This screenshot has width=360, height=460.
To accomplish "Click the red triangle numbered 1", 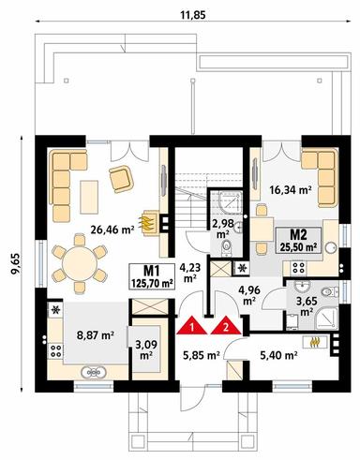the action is (x=192, y=326).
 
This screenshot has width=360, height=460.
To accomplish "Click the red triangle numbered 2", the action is (x=226, y=326).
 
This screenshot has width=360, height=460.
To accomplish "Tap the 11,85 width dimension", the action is (x=193, y=15).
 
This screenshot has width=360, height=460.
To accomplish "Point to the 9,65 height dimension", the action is (x=15, y=263).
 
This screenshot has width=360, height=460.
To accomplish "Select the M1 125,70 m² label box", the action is (x=152, y=276).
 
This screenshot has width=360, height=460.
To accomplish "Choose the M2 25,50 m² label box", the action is (x=298, y=241).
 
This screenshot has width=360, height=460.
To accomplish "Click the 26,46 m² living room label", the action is (x=112, y=230).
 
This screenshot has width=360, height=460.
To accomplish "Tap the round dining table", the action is (x=80, y=261).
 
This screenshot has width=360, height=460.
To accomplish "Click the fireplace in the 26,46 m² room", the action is (x=150, y=222).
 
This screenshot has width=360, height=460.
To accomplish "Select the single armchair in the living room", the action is (x=121, y=179).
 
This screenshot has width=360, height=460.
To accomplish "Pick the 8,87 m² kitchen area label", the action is (x=95, y=335).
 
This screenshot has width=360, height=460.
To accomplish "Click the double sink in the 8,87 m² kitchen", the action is (x=94, y=372).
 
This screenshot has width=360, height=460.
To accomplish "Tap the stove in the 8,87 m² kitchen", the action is (x=55, y=350).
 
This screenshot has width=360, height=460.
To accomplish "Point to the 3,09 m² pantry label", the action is (x=146, y=349).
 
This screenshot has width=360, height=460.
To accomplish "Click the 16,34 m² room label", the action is (x=291, y=190).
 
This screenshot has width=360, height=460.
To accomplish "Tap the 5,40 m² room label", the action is (x=278, y=355).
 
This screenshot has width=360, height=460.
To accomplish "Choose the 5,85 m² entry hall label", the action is (x=202, y=355).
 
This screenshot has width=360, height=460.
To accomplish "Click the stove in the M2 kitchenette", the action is (x=298, y=268).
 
